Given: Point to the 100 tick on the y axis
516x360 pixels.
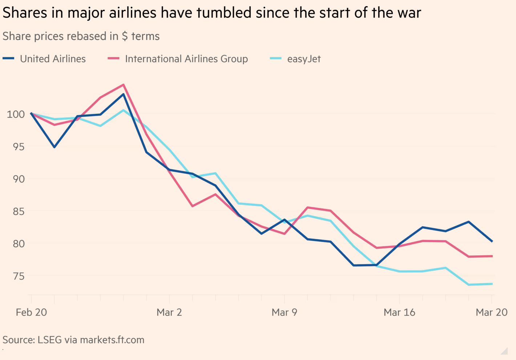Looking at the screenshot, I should pyautogui.click(x=16, y=114).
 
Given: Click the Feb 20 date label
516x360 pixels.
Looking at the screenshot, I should pyautogui.click(x=31, y=312).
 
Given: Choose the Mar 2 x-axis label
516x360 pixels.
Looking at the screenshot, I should pyautogui.click(x=169, y=312).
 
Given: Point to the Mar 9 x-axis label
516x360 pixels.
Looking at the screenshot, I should pyautogui.click(x=284, y=312).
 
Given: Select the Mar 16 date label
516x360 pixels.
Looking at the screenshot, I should pyautogui.click(x=399, y=312).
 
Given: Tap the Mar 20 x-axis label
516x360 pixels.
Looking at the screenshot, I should pyautogui.click(x=491, y=312).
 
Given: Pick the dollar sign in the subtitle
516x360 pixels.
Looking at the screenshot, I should pyautogui.click(x=125, y=36).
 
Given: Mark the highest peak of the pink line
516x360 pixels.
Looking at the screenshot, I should pyautogui.click(x=124, y=85).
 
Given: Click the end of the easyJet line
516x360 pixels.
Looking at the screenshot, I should pyautogui.click(x=492, y=284).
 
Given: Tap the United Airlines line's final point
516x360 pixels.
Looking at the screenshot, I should pyautogui.click(x=492, y=241).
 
